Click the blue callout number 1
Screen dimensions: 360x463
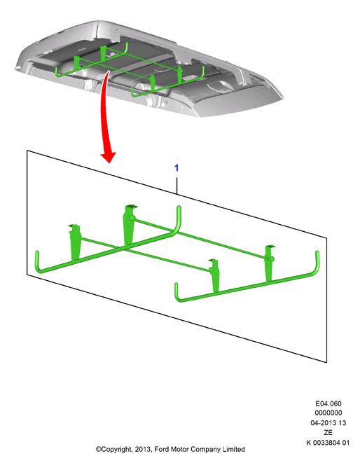pos(176,167)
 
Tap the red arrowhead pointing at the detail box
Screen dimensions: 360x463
pos(109,157)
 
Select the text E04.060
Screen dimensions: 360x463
pos(328,403)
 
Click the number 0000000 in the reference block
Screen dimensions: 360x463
pos(328,413)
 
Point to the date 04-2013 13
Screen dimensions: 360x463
pos(328,423)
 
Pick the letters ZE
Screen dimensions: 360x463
pos(328,433)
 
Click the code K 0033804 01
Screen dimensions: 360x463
pos(328,443)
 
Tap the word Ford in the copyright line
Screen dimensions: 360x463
pos(162,449)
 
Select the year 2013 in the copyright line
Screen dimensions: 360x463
pos(143,449)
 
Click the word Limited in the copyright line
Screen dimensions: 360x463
pos(234,449)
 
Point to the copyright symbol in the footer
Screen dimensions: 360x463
pos(98,450)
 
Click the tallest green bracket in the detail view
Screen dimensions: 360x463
pos(129,226)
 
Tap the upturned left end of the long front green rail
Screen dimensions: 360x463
pos(38,260)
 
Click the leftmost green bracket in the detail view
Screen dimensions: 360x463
pos(75,243)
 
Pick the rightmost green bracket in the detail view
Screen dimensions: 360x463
pos(269,263)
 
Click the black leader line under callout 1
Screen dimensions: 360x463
pos(176,186)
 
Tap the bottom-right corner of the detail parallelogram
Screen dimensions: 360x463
pos(327,363)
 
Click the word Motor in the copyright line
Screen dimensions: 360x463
pos(179,449)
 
